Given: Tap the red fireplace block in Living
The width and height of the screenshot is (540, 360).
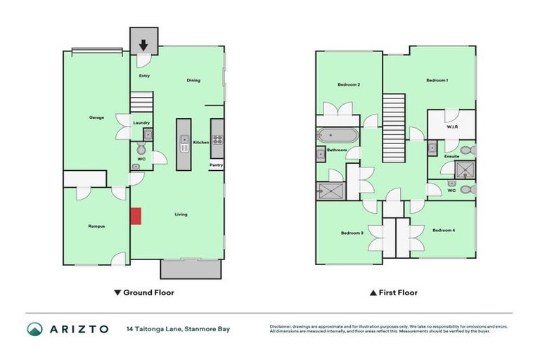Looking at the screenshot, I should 136,216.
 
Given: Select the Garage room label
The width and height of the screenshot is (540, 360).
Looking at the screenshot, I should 96,117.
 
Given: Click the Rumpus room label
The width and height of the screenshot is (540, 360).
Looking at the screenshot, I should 96,226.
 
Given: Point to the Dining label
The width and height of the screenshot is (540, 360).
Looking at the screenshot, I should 193,80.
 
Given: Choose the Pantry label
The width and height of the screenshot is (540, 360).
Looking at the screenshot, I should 216,165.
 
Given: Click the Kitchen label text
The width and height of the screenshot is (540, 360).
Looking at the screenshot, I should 201,142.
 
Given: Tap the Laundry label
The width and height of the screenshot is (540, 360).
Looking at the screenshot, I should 141,122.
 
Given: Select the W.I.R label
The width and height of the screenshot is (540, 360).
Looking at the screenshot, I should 453,127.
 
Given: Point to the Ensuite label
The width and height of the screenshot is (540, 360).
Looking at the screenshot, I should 451,156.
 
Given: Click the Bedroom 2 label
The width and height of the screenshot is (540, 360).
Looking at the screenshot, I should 349,84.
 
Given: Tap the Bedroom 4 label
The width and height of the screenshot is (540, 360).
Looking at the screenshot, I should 444,230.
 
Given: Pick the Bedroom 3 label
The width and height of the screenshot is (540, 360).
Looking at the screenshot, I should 352,233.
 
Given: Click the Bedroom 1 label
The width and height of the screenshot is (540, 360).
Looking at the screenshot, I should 437,80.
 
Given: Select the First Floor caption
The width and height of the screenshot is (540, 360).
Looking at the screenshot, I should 394,292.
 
